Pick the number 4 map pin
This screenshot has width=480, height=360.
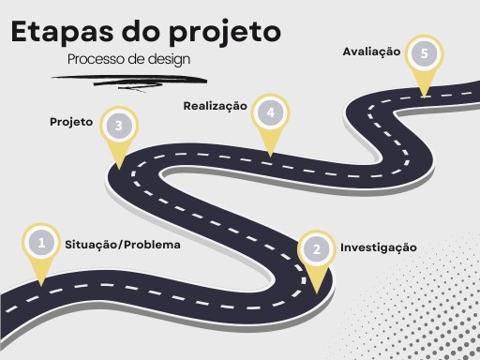pyautogui.click(x=270, y=113)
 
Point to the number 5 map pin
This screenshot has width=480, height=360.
pyautogui.click(x=425, y=53)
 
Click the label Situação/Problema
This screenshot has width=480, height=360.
pyautogui.click(x=122, y=244)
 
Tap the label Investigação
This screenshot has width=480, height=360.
pyautogui.click(x=378, y=247)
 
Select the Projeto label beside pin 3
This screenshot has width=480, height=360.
pyautogui.click(x=71, y=122)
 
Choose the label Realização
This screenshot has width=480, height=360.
pyautogui.click(x=215, y=106)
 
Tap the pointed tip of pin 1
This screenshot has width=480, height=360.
pyautogui.click(x=41, y=284)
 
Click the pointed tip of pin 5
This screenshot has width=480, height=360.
pyautogui.click(x=425, y=95)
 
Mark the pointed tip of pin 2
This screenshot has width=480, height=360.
pyautogui.click(x=318, y=292)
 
